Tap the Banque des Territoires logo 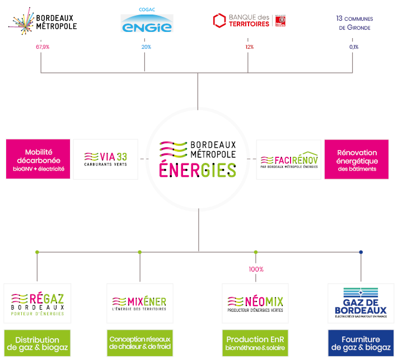(249, 21)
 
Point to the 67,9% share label (42, 47)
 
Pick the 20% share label (146, 47)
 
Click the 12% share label (249, 47)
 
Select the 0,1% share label (354, 47)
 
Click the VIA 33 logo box (106, 159)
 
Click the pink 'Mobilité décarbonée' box (39, 160)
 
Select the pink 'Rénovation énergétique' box (357, 160)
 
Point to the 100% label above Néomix (256, 269)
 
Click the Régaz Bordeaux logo (38, 303)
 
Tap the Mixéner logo (139, 303)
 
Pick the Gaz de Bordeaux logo (360, 303)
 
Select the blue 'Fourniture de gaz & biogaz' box (360, 343)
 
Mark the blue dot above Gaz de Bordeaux (360, 253)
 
